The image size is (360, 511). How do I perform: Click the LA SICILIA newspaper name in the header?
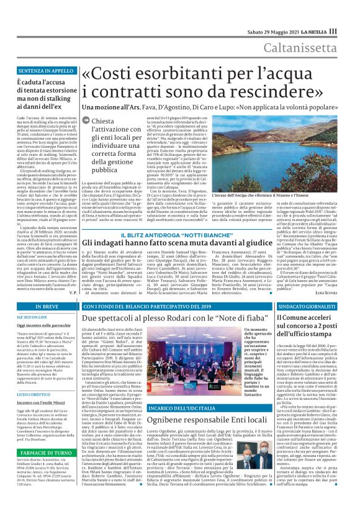point(317,32)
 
